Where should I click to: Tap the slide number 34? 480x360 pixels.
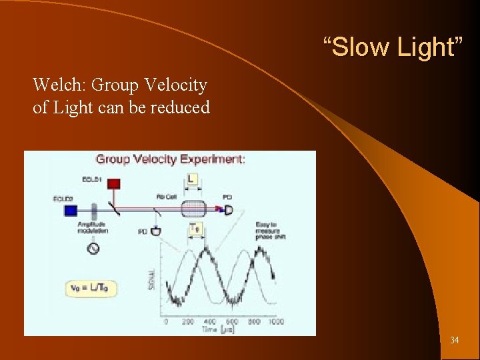[454, 340]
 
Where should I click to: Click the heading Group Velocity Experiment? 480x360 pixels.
[170, 159]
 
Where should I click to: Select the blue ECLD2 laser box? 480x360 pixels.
[70, 210]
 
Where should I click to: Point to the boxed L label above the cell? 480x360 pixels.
[192, 179]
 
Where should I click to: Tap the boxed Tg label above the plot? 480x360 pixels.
[195, 229]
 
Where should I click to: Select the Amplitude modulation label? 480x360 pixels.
[93, 227]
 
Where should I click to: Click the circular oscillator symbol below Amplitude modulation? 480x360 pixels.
[93, 248]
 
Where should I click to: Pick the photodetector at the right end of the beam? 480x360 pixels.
[228, 210]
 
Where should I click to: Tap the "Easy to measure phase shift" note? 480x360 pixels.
[270, 230]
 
